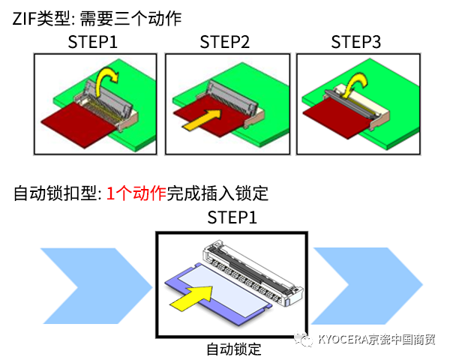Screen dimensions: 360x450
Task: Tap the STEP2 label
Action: coord(224,41)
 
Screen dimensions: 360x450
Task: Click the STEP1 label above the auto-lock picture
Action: coord(232,218)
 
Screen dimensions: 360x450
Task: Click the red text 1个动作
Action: coord(136,193)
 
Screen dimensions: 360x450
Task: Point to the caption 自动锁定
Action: coord(232,349)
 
